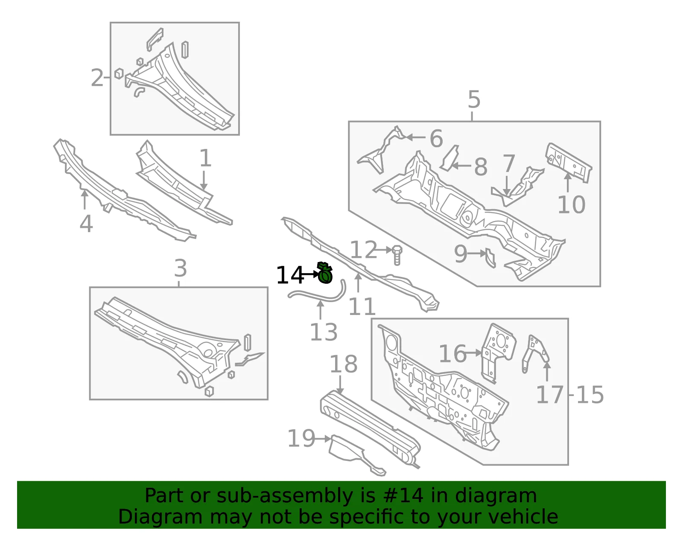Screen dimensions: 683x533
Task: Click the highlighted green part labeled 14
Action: pyautogui.click(x=325, y=273)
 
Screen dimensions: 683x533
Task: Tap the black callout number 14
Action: pyautogui.click(x=289, y=275)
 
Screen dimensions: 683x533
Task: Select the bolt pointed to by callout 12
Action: pyautogui.click(x=397, y=255)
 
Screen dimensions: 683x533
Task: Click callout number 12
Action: pyautogui.click(x=364, y=250)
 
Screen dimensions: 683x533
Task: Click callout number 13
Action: pyautogui.click(x=324, y=332)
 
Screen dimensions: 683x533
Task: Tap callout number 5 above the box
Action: pyautogui.click(x=474, y=99)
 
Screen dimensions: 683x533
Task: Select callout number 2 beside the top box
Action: pyautogui.click(x=97, y=78)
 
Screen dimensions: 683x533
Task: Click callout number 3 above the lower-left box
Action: pyautogui.click(x=181, y=268)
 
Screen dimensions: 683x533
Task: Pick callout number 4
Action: pyautogui.click(x=86, y=224)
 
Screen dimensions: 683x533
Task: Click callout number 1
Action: pyautogui.click(x=205, y=158)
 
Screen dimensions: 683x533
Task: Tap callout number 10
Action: pyautogui.click(x=572, y=205)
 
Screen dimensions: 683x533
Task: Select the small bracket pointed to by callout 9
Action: pyautogui.click(x=490, y=258)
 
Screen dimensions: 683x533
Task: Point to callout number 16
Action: pyautogui.click(x=452, y=354)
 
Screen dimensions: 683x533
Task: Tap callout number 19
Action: pyautogui.click(x=301, y=438)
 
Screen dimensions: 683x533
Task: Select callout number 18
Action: pyautogui.click(x=343, y=364)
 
